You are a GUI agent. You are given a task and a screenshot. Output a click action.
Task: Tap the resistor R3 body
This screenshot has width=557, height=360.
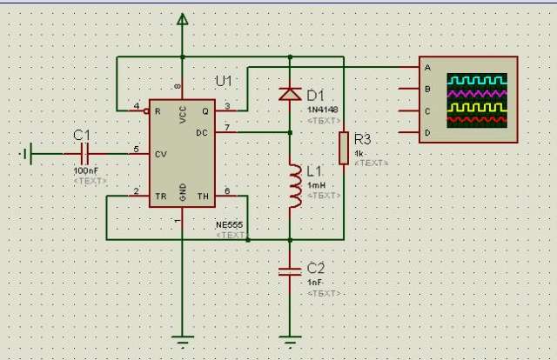(344, 147)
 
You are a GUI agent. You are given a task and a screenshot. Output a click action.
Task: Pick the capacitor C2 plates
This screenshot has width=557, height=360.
(290, 271)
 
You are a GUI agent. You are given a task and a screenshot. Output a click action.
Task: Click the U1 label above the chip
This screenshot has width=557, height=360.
(225, 81)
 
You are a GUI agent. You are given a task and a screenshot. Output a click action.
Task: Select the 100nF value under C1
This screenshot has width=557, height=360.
(86, 170)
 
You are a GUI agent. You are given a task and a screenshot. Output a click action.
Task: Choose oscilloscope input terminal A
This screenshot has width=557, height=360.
(426, 68)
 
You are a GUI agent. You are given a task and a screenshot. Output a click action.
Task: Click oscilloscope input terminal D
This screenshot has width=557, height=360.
(426, 132)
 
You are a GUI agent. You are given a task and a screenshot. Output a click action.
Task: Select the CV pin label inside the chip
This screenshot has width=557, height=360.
(160, 154)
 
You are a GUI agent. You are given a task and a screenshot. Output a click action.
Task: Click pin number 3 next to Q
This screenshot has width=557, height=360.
(227, 106)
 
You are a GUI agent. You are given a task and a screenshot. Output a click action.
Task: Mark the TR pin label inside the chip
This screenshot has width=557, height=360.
(159, 197)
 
